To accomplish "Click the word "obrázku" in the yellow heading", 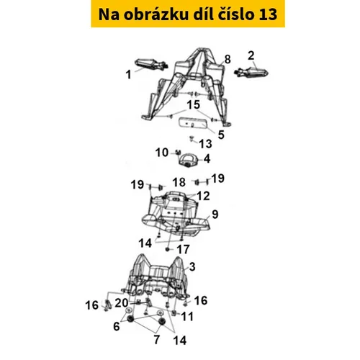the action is point(156,14).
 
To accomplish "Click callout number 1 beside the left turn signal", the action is point(129,75).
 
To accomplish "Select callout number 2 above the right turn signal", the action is point(251,55).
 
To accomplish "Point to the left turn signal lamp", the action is point(151,64).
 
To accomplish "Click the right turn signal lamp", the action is point(251,71).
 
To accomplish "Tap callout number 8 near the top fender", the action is point(228,59).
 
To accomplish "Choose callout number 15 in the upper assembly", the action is point(194,105).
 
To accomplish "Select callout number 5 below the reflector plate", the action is point(221,135).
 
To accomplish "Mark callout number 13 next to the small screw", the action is point(206,144).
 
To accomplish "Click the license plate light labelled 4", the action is point(189,160).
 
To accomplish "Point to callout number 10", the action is point(162,153).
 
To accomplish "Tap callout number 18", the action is point(179,182).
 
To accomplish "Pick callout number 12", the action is point(203,196).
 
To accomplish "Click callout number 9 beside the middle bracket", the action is point(215,215).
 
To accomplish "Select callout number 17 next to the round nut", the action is point(183,250).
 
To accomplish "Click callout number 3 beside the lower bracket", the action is point(192,266).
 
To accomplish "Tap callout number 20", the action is point(122,303).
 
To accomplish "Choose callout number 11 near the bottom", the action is point(187,317).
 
